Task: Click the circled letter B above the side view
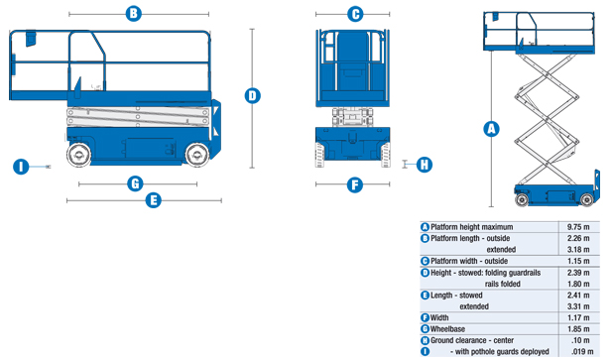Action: (x=134, y=14)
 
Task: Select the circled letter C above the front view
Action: (x=355, y=14)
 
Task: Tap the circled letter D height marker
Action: (x=253, y=95)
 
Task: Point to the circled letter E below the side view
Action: (x=153, y=200)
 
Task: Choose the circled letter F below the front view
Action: (x=355, y=184)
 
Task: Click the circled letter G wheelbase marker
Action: (x=135, y=183)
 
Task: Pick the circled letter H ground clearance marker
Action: (x=424, y=165)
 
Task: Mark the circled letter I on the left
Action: (x=22, y=166)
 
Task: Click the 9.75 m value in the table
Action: (x=578, y=227)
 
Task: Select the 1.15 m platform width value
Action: (x=578, y=261)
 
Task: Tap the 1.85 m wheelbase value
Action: (x=578, y=328)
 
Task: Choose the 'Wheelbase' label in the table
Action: (x=450, y=328)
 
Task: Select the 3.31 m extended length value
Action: (x=578, y=306)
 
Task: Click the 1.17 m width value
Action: (x=578, y=317)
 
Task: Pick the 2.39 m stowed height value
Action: (x=578, y=272)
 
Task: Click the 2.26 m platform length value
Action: (x=578, y=238)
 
